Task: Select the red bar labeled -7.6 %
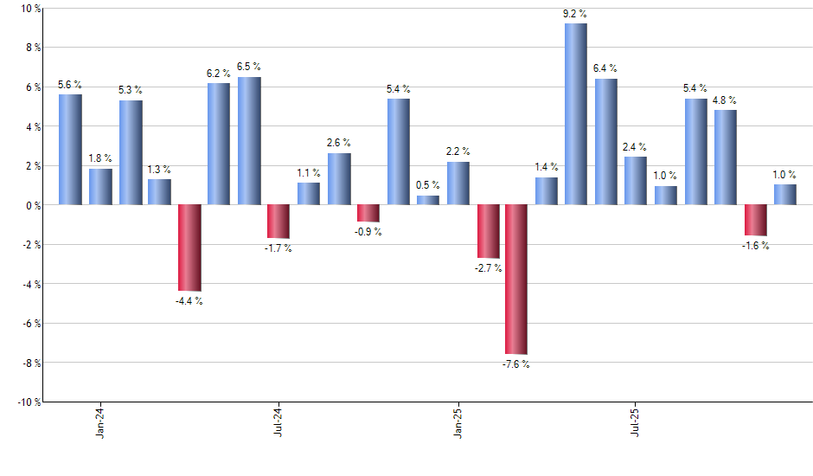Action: [516, 280]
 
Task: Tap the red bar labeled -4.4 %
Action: [189, 248]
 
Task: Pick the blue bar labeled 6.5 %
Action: [249, 141]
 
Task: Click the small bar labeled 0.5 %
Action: [427, 200]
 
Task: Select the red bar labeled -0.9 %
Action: [368, 213]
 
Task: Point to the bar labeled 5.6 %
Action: [70, 150]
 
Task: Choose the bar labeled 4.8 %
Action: [725, 158]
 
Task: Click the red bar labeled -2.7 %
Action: [488, 231]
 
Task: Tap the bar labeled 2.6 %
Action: [339, 179]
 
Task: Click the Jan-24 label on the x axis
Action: [100, 420]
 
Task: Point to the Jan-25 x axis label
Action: [458, 420]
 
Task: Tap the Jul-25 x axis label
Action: [636, 420]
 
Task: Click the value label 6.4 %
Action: [605, 68]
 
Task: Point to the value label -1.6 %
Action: [755, 246]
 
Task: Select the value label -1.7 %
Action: [278, 248]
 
